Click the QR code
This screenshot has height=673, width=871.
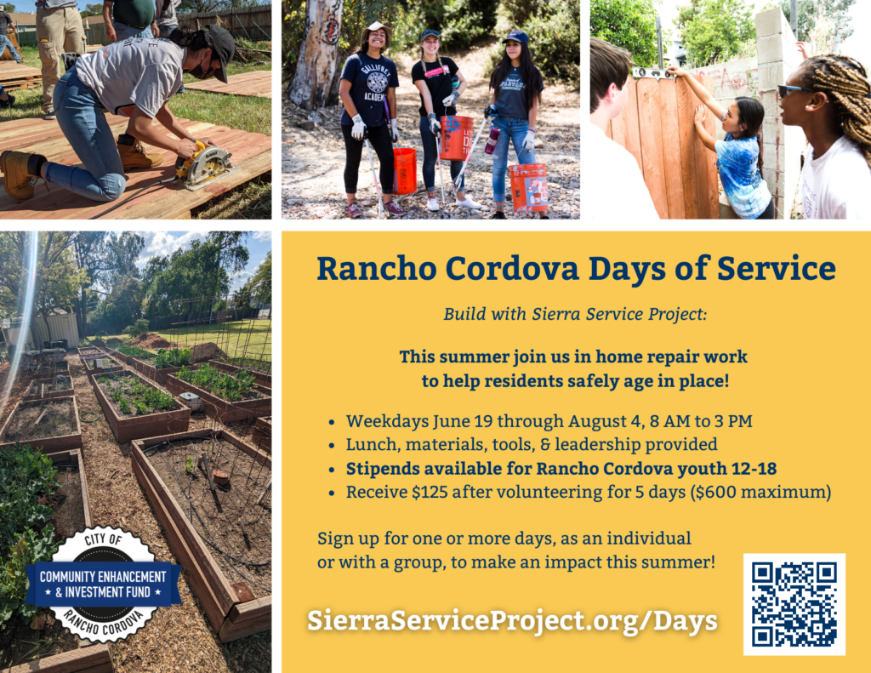coord(794,604)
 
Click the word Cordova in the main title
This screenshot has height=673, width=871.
coord(511,268)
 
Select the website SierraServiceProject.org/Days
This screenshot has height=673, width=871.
coord(512,621)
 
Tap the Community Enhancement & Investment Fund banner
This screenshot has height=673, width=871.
coord(103,584)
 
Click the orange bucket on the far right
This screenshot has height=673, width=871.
coord(528,187)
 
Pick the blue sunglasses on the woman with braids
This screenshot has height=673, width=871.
coord(795,90)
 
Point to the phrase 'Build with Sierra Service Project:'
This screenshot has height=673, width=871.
coord(575,314)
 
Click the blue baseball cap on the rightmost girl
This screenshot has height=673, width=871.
coord(516,37)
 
